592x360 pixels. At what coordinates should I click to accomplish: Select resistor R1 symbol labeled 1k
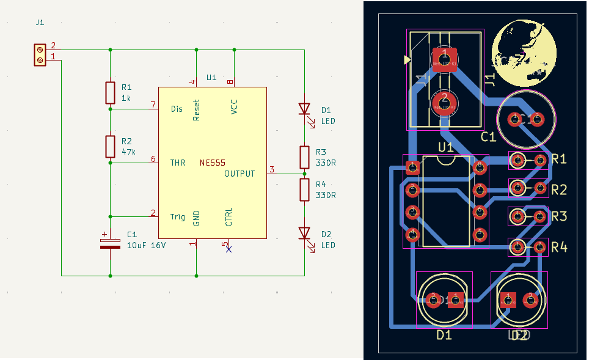[110, 93]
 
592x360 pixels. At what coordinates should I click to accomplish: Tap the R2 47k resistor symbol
[110, 147]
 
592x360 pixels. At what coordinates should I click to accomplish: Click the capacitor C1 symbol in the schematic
[110, 243]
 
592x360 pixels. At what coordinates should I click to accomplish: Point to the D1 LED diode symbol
[304, 109]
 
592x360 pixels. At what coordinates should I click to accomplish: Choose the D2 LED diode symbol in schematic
[304, 233]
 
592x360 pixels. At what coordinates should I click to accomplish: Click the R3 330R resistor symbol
[304, 157]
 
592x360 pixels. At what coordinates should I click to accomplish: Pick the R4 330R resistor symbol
[304, 189]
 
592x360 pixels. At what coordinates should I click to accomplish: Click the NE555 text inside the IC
[212, 163]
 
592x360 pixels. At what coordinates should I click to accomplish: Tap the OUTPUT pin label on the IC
[239, 174]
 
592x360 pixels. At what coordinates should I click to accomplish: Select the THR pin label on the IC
[178, 163]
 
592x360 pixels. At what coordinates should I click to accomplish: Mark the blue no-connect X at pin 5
[229, 249]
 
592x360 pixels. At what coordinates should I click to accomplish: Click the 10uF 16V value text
[146, 245]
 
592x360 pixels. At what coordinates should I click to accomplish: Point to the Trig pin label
[177, 216]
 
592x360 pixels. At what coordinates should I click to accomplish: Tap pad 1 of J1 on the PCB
[444, 59]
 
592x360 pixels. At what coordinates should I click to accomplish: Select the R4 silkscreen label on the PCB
[559, 248]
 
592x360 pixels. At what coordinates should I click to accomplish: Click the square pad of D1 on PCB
[455, 299]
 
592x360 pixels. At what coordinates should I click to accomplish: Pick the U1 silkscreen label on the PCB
[445, 147]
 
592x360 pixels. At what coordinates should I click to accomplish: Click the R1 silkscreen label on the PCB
[559, 160]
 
